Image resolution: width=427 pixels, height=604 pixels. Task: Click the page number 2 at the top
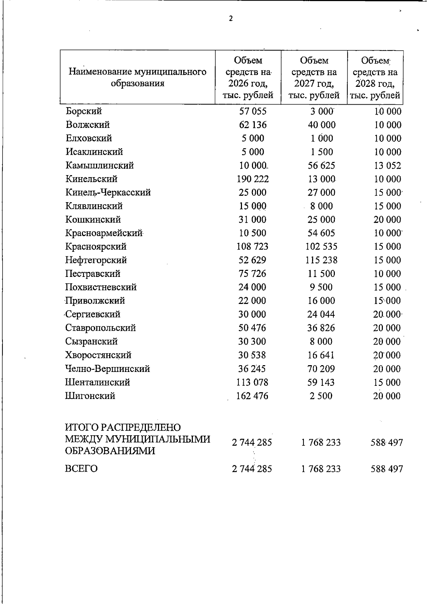click(x=231, y=19)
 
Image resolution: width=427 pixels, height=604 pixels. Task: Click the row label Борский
click(x=84, y=111)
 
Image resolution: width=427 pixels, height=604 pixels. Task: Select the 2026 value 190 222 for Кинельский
click(x=252, y=179)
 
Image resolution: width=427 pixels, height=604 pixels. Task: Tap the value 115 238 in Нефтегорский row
click(x=321, y=260)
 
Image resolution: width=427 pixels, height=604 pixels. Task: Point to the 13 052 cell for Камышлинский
click(x=387, y=166)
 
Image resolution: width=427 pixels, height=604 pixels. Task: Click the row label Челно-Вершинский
click(x=107, y=369)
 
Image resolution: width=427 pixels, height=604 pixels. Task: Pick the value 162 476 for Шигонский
click(x=252, y=396)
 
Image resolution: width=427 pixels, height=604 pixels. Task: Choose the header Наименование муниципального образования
click(x=137, y=78)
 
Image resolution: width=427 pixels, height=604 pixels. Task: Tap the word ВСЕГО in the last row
click(x=81, y=469)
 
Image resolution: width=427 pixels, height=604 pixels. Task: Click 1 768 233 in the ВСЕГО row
click(x=321, y=469)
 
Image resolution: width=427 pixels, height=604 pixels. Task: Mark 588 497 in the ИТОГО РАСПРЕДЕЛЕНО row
click(x=387, y=443)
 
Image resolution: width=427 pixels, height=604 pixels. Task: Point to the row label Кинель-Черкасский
click(x=108, y=193)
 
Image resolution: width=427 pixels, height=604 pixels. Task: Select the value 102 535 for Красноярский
click(x=321, y=247)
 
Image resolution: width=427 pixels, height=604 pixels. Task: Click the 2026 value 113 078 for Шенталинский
click(x=252, y=382)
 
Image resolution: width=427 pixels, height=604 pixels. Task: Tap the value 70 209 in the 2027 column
click(x=321, y=369)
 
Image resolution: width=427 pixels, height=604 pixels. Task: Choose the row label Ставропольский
click(x=100, y=328)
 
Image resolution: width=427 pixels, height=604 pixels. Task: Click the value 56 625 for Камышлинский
click(x=321, y=166)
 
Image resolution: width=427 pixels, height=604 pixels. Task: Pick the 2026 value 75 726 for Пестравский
click(x=252, y=274)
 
